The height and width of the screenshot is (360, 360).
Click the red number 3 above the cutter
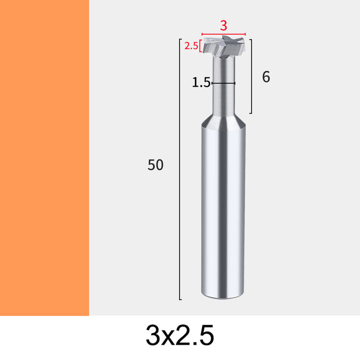click(223, 25)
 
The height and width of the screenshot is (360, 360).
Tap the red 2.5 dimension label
click(191, 46)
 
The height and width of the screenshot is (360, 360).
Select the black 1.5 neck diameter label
click(201, 82)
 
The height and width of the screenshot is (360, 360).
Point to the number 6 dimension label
click(266, 77)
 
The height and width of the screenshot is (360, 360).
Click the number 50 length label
click(155, 164)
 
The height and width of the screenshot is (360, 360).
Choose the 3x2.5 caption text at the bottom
click(180, 335)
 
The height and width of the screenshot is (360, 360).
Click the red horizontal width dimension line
click(223, 34)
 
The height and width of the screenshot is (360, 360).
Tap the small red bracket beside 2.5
click(200, 46)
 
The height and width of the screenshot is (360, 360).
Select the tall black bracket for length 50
click(180, 169)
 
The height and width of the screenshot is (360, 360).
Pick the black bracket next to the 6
click(251, 76)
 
